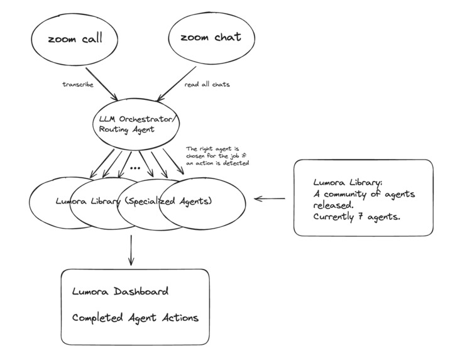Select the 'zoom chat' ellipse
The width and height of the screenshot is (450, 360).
pyautogui.click(x=210, y=38)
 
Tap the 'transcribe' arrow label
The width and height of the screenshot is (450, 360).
pyautogui.click(x=78, y=85)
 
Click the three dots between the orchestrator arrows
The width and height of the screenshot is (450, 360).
pyautogui.click(x=134, y=168)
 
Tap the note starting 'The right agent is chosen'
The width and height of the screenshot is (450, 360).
pyautogui.click(x=217, y=156)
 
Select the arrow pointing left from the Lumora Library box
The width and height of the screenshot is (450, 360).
pyautogui.click(x=270, y=199)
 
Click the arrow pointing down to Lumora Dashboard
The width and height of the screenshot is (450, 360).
pyautogui.click(x=130, y=250)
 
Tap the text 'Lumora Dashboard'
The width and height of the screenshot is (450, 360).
pyautogui.click(x=120, y=292)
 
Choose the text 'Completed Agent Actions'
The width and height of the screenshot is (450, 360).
pyautogui.click(x=135, y=317)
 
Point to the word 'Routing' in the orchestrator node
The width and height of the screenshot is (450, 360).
pyautogui.click(x=113, y=129)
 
